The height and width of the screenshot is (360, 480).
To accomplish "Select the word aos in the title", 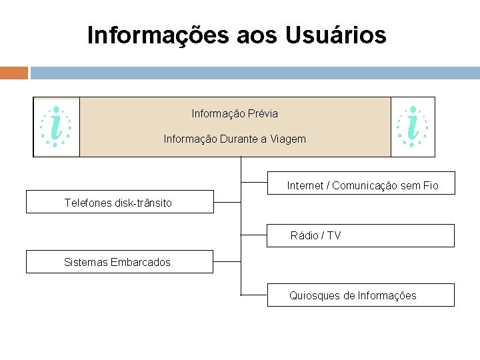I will point(260,35).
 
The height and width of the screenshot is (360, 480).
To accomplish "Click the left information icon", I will point(57,127).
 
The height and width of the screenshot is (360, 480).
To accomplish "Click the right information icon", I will point(413,127).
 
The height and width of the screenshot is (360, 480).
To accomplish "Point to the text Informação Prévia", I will point(235,114).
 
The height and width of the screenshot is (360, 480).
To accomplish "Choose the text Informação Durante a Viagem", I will point(235,139).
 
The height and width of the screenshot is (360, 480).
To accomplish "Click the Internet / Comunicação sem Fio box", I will point(361,183).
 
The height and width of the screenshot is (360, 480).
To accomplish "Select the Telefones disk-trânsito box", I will point(120,202).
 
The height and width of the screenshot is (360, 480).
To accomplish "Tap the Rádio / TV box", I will point(361,235).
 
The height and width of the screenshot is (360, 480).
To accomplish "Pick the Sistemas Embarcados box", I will point(120,262).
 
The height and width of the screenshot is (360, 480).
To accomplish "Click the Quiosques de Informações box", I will point(361,295).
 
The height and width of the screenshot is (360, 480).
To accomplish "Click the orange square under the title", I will point(14,73).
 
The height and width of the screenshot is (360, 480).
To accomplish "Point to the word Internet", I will point(305,185).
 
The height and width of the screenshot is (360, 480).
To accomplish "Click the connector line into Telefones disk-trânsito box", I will point(227,201).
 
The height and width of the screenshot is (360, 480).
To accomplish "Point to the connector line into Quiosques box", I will point(254,295).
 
